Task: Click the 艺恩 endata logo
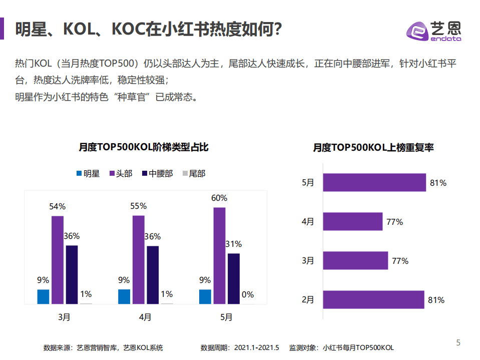433,30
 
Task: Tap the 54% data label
57,206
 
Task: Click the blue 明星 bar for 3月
44,296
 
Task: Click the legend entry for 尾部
193,174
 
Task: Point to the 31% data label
234,244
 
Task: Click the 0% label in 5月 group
248,294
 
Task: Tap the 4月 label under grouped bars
145,317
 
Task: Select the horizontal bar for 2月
373,300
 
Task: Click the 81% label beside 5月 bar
438,183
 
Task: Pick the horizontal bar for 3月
355,261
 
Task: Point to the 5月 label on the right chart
308,183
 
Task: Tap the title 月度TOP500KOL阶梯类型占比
144,147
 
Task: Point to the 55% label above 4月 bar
138,206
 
